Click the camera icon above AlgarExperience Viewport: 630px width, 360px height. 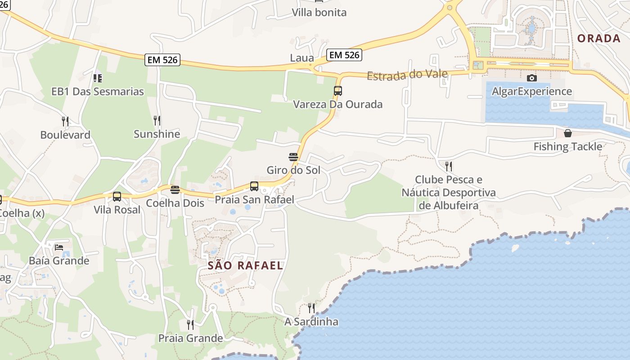531,78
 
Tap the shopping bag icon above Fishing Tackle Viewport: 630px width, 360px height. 567,133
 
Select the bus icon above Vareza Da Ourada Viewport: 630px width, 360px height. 338,91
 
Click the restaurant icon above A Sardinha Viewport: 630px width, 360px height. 311,308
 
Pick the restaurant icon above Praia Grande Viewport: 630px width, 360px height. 190,324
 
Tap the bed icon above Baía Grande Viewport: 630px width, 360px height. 59,247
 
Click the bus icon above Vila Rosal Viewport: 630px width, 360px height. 117,197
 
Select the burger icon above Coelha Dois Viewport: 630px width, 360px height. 175,189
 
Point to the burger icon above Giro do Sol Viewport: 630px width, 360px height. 293,157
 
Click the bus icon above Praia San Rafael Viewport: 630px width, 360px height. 254,186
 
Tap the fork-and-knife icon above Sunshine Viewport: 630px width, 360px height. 157,121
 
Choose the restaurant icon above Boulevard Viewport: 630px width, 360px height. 65,121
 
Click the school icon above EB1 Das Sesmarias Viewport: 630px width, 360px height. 97,78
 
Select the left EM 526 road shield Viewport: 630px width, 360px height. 162,60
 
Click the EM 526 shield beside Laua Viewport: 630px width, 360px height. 344,55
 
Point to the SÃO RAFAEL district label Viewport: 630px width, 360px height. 245,265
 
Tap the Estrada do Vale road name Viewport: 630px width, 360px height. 407,75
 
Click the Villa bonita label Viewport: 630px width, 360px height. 319,12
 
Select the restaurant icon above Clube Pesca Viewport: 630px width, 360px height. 448,166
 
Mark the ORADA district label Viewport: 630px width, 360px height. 599,38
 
